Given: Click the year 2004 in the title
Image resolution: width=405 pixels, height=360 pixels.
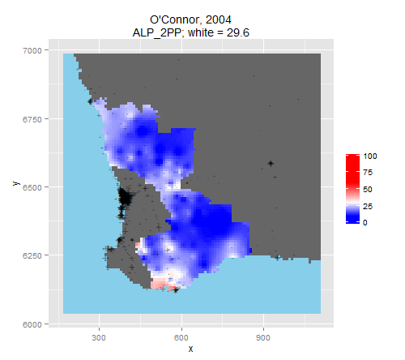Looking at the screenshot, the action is pos(219,19).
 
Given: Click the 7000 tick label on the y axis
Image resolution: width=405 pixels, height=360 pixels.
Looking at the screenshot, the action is pos(32,50).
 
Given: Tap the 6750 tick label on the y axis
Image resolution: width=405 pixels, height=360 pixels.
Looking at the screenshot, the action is pos(32,119).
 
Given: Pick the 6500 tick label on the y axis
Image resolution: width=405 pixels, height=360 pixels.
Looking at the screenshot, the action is pos(32,187).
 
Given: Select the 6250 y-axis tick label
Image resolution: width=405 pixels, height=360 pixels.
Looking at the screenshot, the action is pos(32,255).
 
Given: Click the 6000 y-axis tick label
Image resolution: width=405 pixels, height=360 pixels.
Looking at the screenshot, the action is pos(32,324).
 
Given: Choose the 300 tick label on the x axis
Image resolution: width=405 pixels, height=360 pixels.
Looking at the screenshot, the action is pos(99,338).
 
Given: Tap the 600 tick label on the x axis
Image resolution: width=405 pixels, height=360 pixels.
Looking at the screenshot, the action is pos(181,338).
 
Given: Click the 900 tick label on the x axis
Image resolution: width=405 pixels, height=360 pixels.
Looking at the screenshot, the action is pos(263,338).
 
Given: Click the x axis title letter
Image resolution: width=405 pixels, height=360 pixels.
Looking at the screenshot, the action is pos(191,349).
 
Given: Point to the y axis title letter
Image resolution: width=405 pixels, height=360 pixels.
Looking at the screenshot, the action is pos(16,183).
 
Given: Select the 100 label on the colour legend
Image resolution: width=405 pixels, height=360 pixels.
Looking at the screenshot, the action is pos(370,156).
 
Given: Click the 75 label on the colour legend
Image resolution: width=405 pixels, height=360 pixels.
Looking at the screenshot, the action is pos(368,173).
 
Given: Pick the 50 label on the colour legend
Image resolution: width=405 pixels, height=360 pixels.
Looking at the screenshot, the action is pos(368,189).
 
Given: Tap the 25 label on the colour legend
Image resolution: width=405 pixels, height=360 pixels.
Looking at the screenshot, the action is pos(368,206).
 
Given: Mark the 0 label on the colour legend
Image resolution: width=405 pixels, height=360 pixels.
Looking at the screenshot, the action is pos(365,223).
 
